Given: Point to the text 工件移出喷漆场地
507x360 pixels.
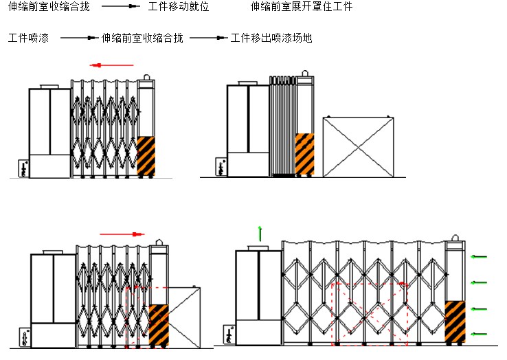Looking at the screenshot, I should (271, 38).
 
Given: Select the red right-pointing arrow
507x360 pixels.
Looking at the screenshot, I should (122, 234).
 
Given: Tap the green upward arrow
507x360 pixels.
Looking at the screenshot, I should (260, 233).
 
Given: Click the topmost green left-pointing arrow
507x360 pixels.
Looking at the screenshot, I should (479, 257).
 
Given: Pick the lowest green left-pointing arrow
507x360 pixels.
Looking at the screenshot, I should (479, 335).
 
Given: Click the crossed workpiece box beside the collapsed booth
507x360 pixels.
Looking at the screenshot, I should (358, 147).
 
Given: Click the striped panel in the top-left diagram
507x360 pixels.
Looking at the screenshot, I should (146, 156).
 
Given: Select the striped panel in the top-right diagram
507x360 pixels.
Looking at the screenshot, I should (304, 154).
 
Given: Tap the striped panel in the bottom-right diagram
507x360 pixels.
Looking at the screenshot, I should (454, 322).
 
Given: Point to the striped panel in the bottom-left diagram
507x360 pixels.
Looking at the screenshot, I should (159, 325).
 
